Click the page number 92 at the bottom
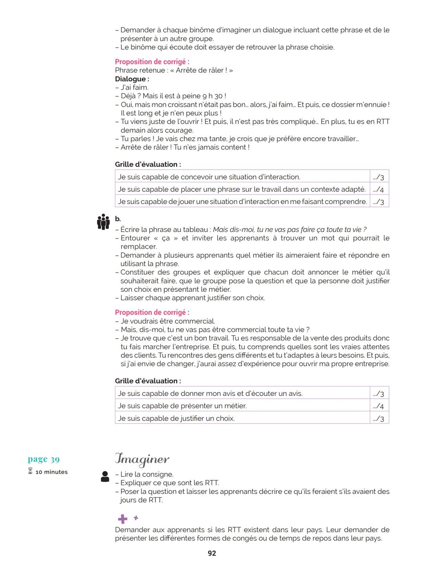click(212, 553)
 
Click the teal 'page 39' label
click(44, 459)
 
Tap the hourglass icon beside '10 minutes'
click(30, 471)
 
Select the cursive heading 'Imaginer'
click(142, 459)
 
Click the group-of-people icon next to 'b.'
click(103, 222)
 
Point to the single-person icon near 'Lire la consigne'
click(105, 477)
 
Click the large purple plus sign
click(122, 519)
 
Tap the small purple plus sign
click(136, 518)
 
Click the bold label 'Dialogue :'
click(132, 79)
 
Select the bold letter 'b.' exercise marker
click(118, 219)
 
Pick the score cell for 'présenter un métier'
click(379, 406)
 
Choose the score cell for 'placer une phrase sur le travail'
click(379, 190)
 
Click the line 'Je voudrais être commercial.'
click(168, 321)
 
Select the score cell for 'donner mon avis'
click(379, 394)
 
